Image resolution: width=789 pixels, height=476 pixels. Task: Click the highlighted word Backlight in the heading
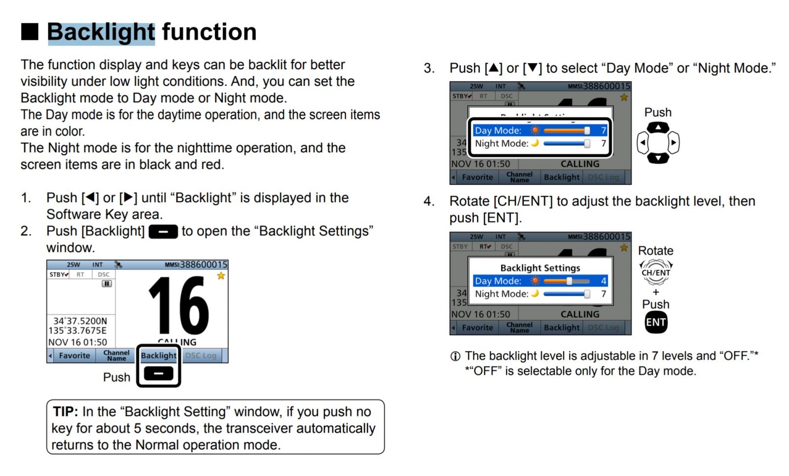tap(101, 33)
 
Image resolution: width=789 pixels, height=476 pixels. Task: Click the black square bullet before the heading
tap(30, 32)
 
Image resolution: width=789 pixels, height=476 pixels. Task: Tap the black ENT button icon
tap(656, 322)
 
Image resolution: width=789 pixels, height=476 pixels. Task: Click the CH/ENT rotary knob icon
tap(656, 272)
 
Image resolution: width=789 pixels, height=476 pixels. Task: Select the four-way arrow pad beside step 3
tap(658, 143)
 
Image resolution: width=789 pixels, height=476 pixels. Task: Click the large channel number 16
tap(179, 306)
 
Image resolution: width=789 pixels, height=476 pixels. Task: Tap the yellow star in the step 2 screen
tap(221, 276)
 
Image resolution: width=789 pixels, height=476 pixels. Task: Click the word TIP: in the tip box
tap(66, 411)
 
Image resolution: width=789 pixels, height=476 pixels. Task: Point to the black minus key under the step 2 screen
tap(159, 374)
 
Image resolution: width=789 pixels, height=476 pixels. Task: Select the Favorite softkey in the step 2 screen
tap(74, 356)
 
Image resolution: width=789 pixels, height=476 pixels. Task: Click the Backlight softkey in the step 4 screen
tap(562, 328)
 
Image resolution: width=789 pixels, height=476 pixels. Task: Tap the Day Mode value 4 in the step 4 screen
tap(604, 281)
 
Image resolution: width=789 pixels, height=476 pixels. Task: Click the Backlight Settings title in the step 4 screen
tap(540, 268)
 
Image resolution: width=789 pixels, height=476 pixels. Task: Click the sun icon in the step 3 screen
tap(535, 131)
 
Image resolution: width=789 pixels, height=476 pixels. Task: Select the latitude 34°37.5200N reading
tap(80, 321)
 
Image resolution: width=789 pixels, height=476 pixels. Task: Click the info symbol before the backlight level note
tap(456, 356)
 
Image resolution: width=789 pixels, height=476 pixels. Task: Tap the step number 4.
tap(429, 201)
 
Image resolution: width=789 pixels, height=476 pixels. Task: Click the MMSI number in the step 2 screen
tap(203, 265)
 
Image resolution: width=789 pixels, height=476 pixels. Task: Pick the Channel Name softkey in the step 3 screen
tap(519, 177)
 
